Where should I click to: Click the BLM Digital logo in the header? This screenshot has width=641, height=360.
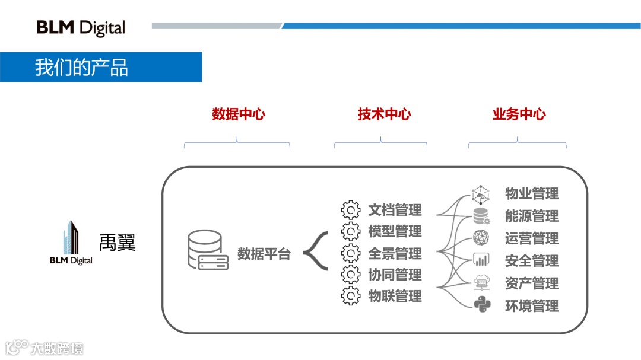pyautogui.click(x=81, y=27)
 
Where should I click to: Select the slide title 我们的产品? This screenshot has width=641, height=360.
pyautogui.click(x=81, y=67)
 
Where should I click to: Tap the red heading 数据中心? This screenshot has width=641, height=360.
pyautogui.click(x=238, y=114)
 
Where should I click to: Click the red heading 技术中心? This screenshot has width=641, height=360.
pyautogui.click(x=384, y=114)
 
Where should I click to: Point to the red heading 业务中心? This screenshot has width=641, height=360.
pyautogui.click(x=519, y=114)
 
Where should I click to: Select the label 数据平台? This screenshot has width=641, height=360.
pyautogui.click(x=264, y=254)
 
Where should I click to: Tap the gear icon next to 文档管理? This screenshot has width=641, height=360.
pyautogui.click(x=351, y=210)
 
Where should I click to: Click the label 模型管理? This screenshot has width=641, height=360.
pyautogui.click(x=395, y=231)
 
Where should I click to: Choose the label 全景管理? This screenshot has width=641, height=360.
pyautogui.click(x=395, y=253)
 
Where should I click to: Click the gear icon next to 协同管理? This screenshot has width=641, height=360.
pyautogui.click(x=351, y=275)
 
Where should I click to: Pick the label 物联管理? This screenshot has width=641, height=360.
pyautogui.click(x=395, y=296)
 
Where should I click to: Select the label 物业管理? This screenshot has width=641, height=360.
pyautogui.click(x=532, y=193)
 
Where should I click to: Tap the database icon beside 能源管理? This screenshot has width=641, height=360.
pyautogui.click(x=481, y=216)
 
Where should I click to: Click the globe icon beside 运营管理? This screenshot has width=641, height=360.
pyautogui.click(x=481, y=238)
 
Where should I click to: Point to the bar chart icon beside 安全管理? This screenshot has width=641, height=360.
pyautogui.click(x=481, y=260)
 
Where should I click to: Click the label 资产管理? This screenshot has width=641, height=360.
pyautogui.click(x=532, y=283)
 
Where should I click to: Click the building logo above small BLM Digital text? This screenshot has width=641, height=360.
pyautogui.click(x=71, y=237)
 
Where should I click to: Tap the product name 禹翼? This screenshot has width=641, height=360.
pyautogui.click(x=117, y=242)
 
